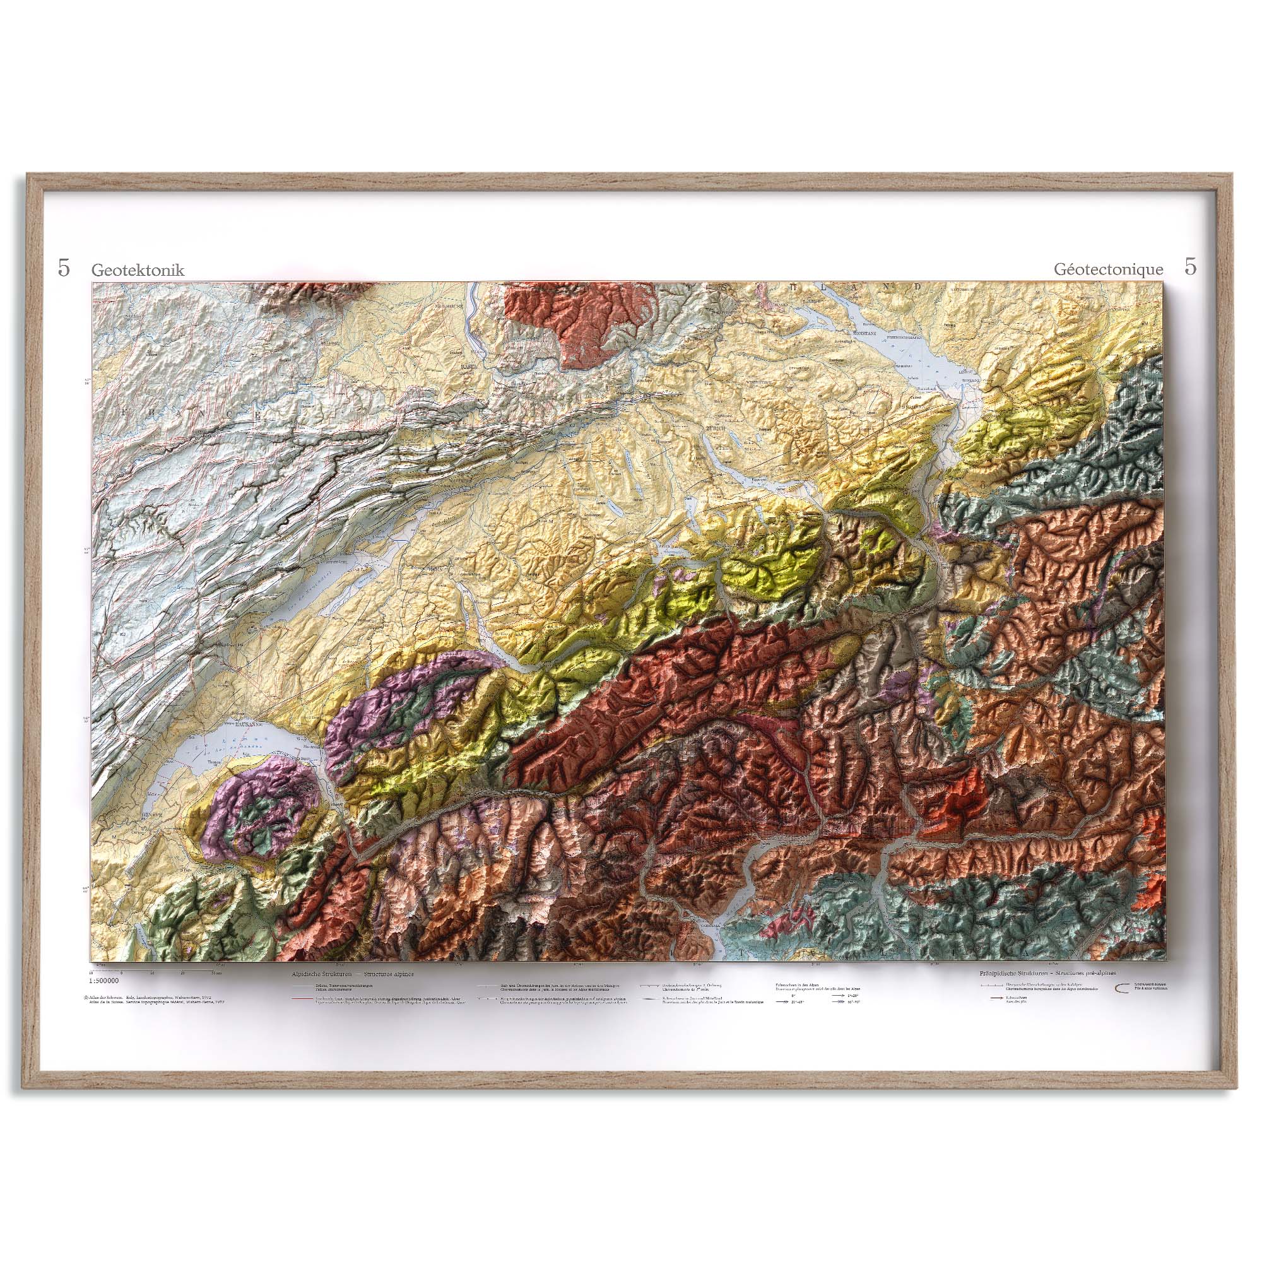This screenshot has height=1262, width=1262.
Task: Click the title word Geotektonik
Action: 138,270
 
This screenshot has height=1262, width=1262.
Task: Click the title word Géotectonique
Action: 1109,270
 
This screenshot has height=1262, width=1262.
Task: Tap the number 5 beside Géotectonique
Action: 1191,268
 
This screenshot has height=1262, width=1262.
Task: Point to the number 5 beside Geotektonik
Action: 63,268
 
